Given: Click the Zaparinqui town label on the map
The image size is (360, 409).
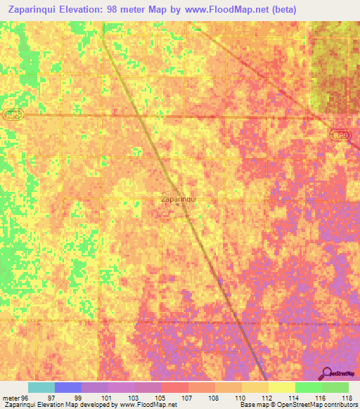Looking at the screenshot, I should [179, 199].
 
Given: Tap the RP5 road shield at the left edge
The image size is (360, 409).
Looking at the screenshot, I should [12, 114].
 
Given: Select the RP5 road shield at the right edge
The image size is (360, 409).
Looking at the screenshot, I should [341, 136].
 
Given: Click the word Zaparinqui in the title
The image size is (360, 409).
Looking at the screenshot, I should [35, 10].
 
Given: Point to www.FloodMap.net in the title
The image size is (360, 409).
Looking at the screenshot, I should [229, 10].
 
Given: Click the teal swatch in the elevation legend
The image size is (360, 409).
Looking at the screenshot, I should [41, 387].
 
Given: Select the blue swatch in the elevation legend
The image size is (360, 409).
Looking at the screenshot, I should [67, 387].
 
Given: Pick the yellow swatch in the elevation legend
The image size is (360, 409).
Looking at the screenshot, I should [281, 387].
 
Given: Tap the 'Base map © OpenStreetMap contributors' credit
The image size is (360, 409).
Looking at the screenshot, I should [297, 405].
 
